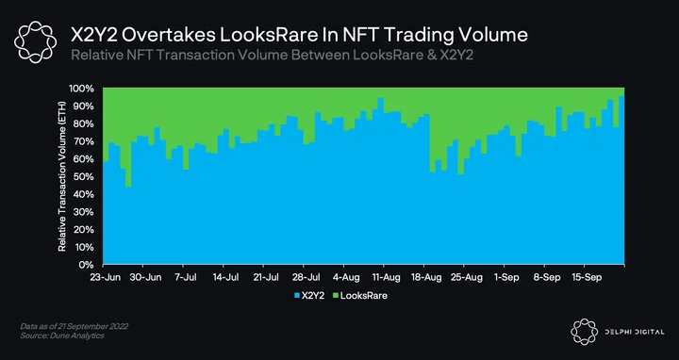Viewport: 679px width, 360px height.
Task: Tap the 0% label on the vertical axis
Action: click(88, 265)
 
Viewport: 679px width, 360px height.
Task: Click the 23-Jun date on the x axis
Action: click(106, 277)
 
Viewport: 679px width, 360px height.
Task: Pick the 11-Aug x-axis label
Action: click(386, 277)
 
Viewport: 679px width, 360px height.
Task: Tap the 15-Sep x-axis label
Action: click(587, 277)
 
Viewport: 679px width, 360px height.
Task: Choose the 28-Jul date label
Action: click(306, 277)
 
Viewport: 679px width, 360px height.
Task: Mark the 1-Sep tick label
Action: click(506, 277)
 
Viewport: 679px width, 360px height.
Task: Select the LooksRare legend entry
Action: click(360, 296)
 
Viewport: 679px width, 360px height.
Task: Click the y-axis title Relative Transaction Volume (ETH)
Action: click(62, 176)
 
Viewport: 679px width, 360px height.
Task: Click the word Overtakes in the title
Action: click(168, 36)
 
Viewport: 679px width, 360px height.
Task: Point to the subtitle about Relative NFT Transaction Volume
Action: click(272, 56)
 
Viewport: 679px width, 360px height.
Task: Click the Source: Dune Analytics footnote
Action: click(62, 335)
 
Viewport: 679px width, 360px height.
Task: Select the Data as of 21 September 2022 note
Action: click(75, 326)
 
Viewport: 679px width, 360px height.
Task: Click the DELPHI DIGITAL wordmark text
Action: click(634, 332)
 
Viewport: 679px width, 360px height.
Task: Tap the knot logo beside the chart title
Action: click(35, 42)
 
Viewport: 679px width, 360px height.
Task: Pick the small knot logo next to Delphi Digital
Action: click(585, 332)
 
